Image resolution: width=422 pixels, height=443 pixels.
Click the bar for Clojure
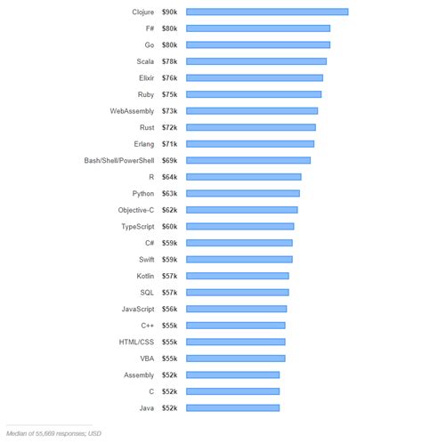click(x=267, y=12)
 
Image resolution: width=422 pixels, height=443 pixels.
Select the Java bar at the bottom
click(x=233, y=407)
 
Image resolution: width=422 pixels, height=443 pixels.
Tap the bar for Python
click(x=243, y=193)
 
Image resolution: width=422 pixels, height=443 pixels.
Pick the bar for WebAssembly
click(x=252, y=111)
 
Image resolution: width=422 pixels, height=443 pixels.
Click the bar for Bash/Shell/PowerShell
click(x=248, y=160)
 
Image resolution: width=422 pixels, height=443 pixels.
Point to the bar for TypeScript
click(x=240, y=226)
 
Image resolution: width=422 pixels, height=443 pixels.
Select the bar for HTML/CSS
click(x=236, y=342)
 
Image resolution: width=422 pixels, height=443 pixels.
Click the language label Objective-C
click(x=136, y=210)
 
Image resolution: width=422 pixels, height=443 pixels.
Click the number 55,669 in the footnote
click(x=53, y=433)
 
